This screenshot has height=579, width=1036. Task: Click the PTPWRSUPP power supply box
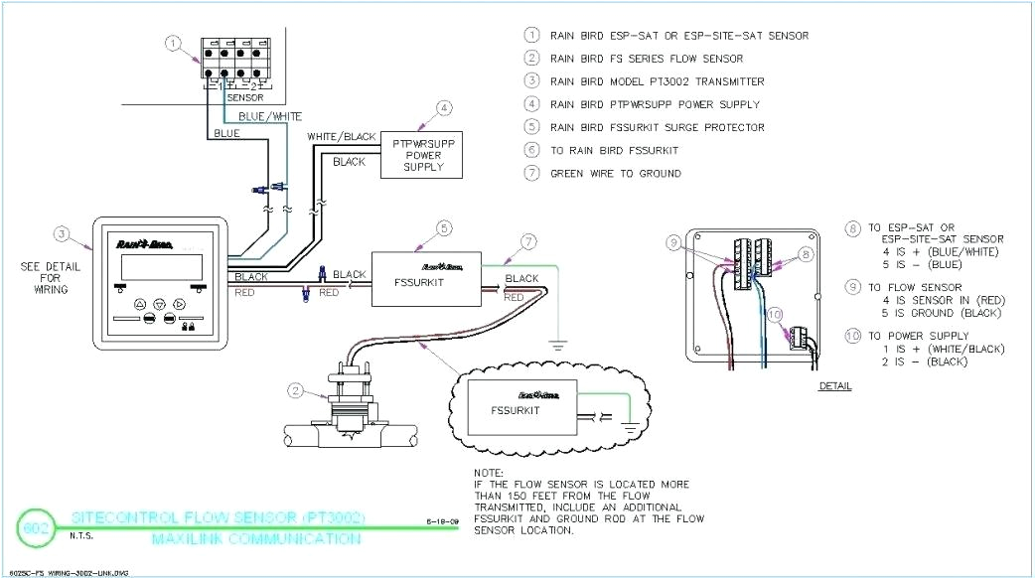[x=422, y=154]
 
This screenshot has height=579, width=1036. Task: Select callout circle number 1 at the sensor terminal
[x=174, y=43]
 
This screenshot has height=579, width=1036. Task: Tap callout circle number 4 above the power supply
[x=444, y=107]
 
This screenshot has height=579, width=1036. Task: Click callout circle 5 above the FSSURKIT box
[x=444, y=228]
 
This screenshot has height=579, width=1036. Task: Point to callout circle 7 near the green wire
[x=529, y=242]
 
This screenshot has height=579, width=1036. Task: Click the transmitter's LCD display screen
[x=160, y=268]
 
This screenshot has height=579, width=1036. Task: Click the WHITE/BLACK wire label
[x=341, y=136]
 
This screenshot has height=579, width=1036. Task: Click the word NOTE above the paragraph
[x=488, y=473]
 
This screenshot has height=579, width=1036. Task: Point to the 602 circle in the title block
[x=35, y=526]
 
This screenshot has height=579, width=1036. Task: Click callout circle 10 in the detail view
[x=774, y=316]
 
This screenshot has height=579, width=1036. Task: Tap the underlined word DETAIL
[x=834, y=385]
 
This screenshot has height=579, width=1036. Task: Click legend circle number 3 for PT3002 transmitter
[x=532, y=81]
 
